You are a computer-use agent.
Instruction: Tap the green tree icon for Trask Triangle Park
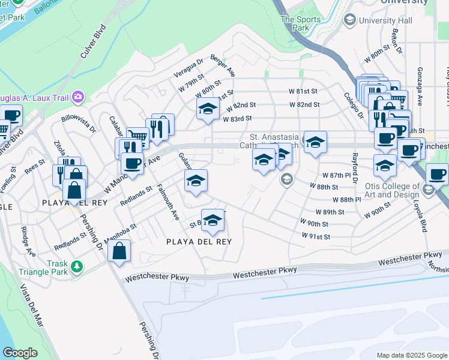pos(76,266)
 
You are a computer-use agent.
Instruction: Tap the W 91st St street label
pos(316,237)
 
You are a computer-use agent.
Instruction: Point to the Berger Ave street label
pos(223,66)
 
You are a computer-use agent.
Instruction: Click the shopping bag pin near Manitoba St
pos(119,251)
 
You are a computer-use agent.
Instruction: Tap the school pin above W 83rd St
pos(208,109)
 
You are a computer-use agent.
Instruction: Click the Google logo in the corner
pos(20,353)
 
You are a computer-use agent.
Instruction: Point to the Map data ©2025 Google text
pos(412,355)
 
